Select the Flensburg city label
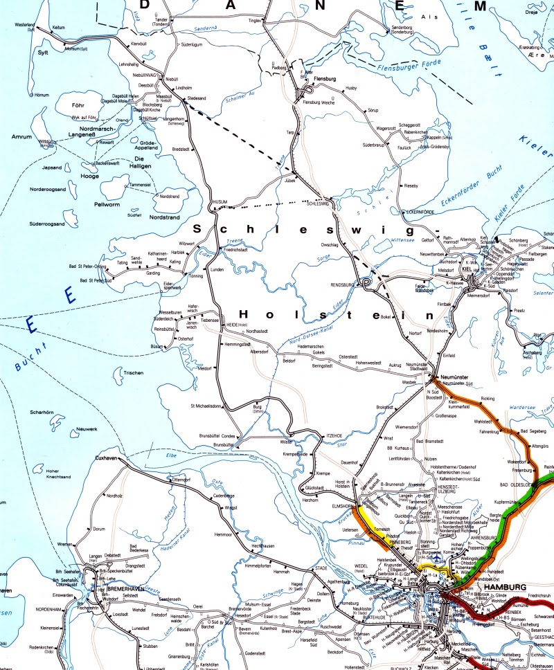324,80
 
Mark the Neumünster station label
455,377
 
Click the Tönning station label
196,275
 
